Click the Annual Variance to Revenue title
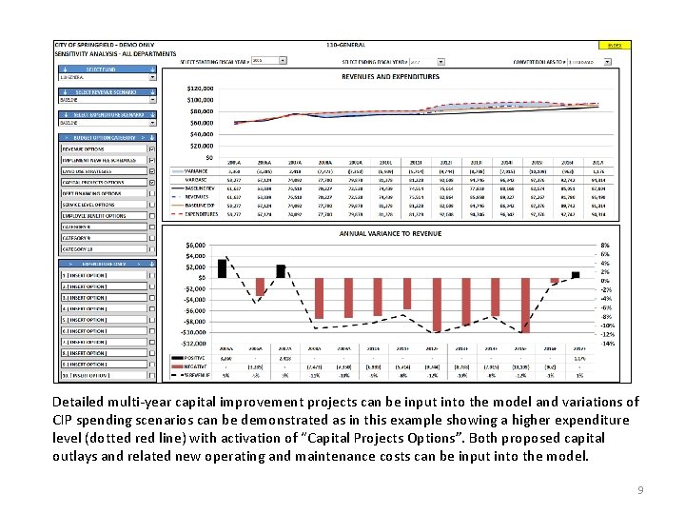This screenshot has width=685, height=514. coord(390,233)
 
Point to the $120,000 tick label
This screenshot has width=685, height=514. coord(201,87)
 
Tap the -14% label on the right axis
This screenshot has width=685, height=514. coord(607,344)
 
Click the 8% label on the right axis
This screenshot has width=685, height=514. coord(605,246)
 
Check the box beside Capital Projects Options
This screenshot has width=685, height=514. coord(152,182)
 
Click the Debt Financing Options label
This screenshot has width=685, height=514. coord(91,193)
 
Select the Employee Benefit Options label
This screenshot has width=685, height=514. coord(93,216)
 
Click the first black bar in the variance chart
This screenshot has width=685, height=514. coord(222,267)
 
